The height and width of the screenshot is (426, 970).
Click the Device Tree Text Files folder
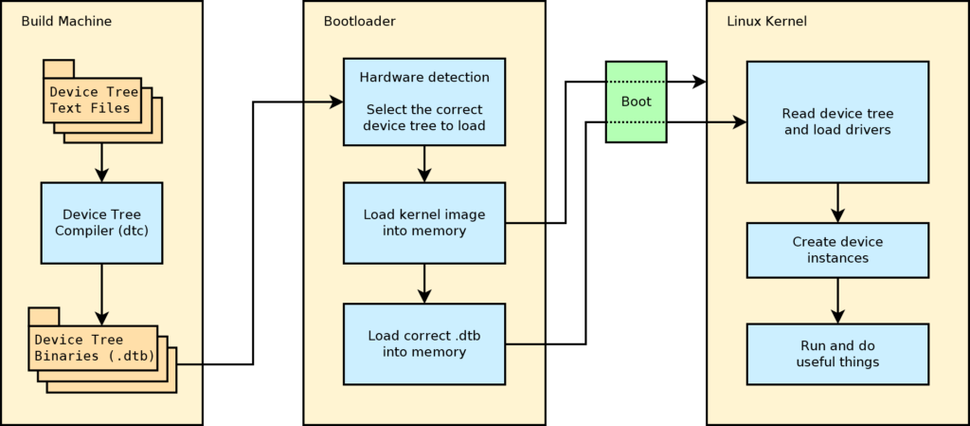93,100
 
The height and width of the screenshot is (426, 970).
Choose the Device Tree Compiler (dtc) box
102,221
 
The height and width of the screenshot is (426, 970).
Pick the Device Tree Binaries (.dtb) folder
92,347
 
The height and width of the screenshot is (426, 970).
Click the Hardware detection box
424,102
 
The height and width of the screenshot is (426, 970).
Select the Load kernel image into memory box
424,223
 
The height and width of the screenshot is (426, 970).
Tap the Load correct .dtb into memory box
424,343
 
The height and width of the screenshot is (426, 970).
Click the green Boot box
636,102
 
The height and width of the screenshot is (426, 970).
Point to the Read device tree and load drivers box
836,121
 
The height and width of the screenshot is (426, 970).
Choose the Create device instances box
836,250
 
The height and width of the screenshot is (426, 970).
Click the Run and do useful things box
836,354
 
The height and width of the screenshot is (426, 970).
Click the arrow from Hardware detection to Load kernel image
424,163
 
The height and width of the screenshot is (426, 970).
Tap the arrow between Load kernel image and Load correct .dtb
424,283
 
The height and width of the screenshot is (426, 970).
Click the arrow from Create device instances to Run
836,301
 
